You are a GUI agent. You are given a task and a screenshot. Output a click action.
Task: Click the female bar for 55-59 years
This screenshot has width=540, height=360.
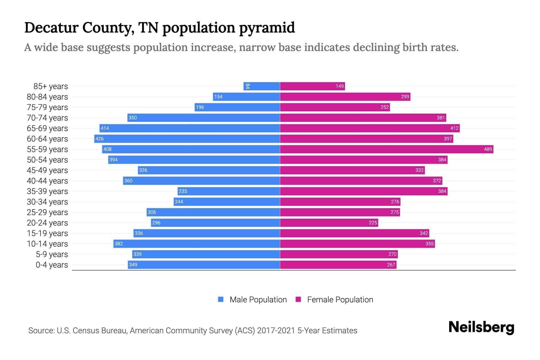386,149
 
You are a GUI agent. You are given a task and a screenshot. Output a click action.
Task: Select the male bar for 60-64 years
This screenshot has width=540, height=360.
187,139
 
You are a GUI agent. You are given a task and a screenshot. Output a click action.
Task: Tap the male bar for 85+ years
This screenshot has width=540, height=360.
262,86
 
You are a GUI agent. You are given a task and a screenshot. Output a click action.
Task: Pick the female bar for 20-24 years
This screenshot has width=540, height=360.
329,223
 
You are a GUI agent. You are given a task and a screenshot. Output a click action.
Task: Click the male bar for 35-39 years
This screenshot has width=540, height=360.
229,191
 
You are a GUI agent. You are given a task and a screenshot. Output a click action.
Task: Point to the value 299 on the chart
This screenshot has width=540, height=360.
405,97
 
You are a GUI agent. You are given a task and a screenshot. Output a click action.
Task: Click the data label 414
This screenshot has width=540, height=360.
105,128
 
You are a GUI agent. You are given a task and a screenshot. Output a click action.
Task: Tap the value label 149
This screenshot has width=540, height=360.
339,86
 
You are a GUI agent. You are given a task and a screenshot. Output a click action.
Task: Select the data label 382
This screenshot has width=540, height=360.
118,244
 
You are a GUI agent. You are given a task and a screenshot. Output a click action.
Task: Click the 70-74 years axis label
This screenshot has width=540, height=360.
47,118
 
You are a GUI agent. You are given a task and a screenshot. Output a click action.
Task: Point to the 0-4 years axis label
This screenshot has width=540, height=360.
52,265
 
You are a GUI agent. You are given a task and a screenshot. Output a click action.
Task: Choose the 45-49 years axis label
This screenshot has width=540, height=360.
47,170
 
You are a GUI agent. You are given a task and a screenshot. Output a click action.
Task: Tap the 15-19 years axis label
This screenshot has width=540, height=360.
47,233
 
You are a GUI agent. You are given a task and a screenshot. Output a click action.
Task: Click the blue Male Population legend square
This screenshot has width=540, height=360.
221,299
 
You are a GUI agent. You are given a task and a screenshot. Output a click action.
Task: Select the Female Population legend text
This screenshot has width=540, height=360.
340,299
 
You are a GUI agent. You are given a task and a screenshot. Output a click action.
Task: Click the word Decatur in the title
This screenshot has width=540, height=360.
51,28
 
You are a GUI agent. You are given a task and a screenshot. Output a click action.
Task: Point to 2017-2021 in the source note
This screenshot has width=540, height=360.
276,330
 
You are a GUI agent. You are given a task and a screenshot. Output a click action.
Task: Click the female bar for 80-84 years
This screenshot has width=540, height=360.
345,97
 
